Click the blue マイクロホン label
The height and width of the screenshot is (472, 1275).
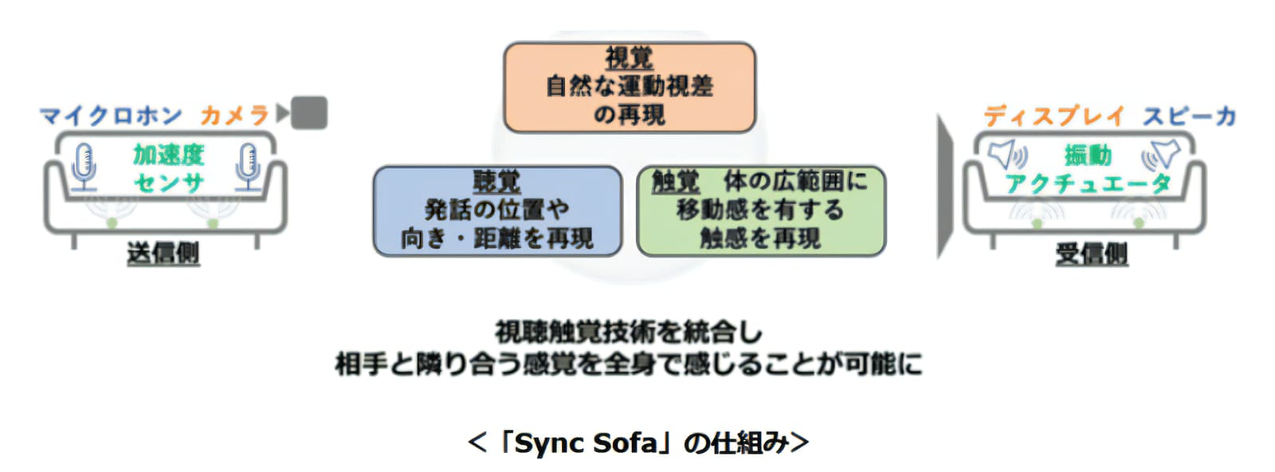pyautogui.click(x=111, y=116)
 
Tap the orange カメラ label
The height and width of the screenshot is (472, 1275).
pyautogui.click(x=234, y=116)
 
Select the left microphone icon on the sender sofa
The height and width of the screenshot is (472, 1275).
pyautogui.click(x=84, y=167)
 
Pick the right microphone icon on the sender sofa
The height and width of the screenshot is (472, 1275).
pyautogui.click(x=248, y=167)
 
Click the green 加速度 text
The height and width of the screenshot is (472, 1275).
pyautogui.click(x=168, y=155)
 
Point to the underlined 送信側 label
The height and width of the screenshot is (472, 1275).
pyautogui.click(x=163, y=254)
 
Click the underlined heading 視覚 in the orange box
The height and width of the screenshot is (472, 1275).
pyautogui.click(x=630, y=58)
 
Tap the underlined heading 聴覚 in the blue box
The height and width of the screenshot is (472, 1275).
pyautogui.click(x=497, y=182)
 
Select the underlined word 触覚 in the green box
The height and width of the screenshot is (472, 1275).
pyautogui.click(x=676, y=182)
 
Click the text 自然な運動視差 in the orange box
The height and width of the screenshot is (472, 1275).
pyautogui.click(x=630, y=87)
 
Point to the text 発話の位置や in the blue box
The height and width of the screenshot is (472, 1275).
pyautogui.click(x=497, y=210)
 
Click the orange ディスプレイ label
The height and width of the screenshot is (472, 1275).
pyautogui.click(x=1055, y=116)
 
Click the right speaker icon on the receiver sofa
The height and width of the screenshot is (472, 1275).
pyautogui.click(x=1161, y=155)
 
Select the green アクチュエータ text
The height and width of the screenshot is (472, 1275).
pyautogui.click(x=1088, y=184)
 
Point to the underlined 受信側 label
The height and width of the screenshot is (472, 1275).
pyautogui.click(x=1092, y=254)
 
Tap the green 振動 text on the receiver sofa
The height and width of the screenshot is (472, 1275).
pyautogui.click(x=1088, y=155)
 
